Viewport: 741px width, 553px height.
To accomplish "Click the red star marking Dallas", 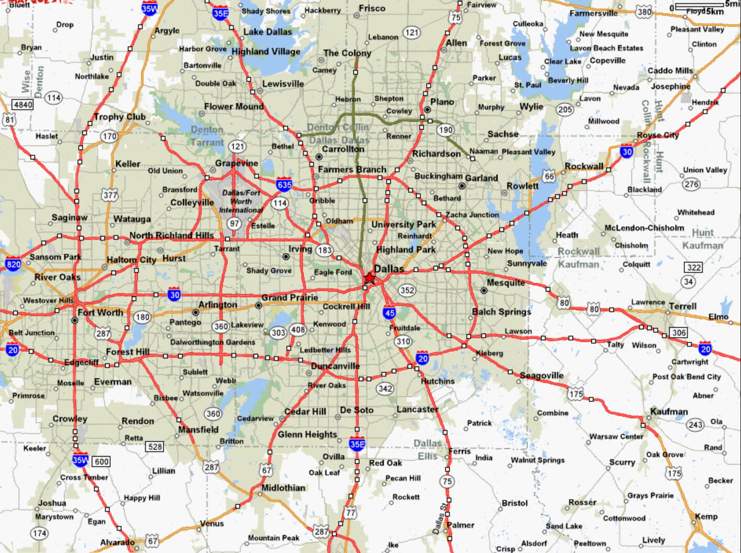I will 370,278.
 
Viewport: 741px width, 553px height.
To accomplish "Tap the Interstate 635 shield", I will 284,184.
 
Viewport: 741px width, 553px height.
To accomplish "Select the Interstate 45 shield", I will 389,313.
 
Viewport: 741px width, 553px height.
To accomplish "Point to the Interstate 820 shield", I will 14,264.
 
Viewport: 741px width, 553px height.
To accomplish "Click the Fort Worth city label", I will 100,312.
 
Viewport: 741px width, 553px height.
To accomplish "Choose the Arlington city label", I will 217,305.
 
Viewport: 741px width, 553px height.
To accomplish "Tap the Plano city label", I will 442,102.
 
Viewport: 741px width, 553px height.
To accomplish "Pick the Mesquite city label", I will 505,283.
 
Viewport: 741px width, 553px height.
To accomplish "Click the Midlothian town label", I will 283,487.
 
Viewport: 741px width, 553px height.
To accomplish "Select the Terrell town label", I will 682,306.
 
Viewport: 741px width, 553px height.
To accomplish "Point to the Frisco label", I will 372,8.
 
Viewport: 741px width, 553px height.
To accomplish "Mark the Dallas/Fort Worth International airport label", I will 241,201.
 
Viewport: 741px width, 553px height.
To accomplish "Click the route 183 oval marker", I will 325,250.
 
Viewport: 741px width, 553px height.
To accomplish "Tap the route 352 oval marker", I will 407,290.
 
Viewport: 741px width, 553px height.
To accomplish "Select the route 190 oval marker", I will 445,130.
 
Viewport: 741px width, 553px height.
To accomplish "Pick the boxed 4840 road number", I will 23,104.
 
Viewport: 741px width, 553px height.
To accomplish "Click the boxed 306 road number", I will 679,332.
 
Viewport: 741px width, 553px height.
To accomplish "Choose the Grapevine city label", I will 236,163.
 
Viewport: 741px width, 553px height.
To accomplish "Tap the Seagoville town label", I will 541,375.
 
